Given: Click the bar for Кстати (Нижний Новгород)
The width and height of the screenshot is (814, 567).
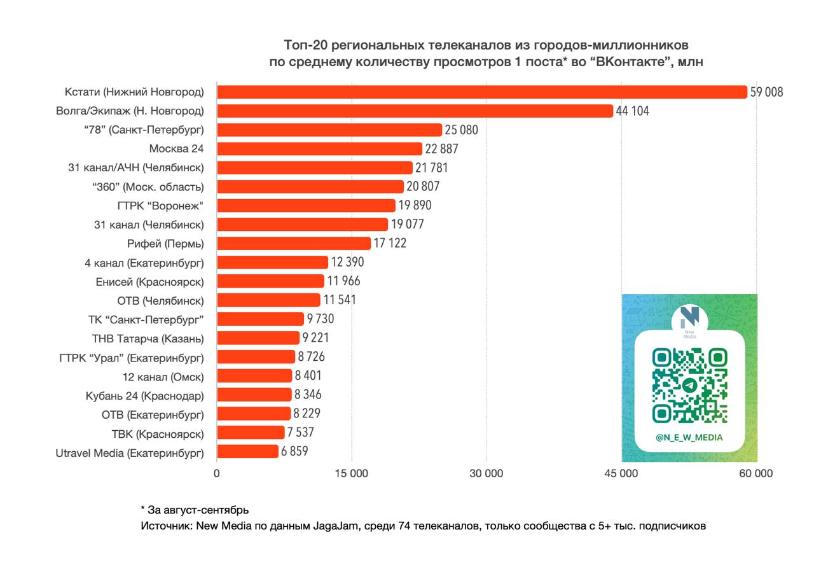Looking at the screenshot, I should [x=482, y=92].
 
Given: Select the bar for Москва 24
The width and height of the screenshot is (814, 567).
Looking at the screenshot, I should [x=320, y=149].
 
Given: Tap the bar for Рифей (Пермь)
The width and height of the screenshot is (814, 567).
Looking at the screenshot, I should [x=294, y=243].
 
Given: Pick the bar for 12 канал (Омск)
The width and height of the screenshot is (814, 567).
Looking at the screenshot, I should [x=254, y=376].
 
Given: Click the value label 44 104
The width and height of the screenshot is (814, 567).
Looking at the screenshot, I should [x=632, y=111].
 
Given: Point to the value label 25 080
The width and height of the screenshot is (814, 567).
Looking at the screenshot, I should [x=461, y=130].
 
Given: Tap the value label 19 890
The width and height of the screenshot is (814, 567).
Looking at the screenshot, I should [x=415, y=206].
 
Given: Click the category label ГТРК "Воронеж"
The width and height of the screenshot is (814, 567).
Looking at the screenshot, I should [x=160, y=206].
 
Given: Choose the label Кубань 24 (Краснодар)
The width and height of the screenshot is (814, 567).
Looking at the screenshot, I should [x=145, y=395].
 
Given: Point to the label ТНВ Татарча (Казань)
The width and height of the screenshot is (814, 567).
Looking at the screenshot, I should [x=148, y=338].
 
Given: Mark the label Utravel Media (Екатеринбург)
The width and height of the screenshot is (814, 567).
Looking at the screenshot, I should [x=130, y=452].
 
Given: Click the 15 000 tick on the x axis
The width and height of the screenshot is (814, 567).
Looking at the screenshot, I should [x=351, y=473].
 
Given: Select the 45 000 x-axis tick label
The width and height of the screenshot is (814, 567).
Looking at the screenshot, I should [x=621, y=473].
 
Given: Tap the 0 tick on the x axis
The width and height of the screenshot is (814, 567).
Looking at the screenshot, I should [x=217, y=473].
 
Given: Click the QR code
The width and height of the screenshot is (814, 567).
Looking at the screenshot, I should [x=689, y=385].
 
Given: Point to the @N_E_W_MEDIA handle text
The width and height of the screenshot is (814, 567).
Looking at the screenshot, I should [x=689, y=437].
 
